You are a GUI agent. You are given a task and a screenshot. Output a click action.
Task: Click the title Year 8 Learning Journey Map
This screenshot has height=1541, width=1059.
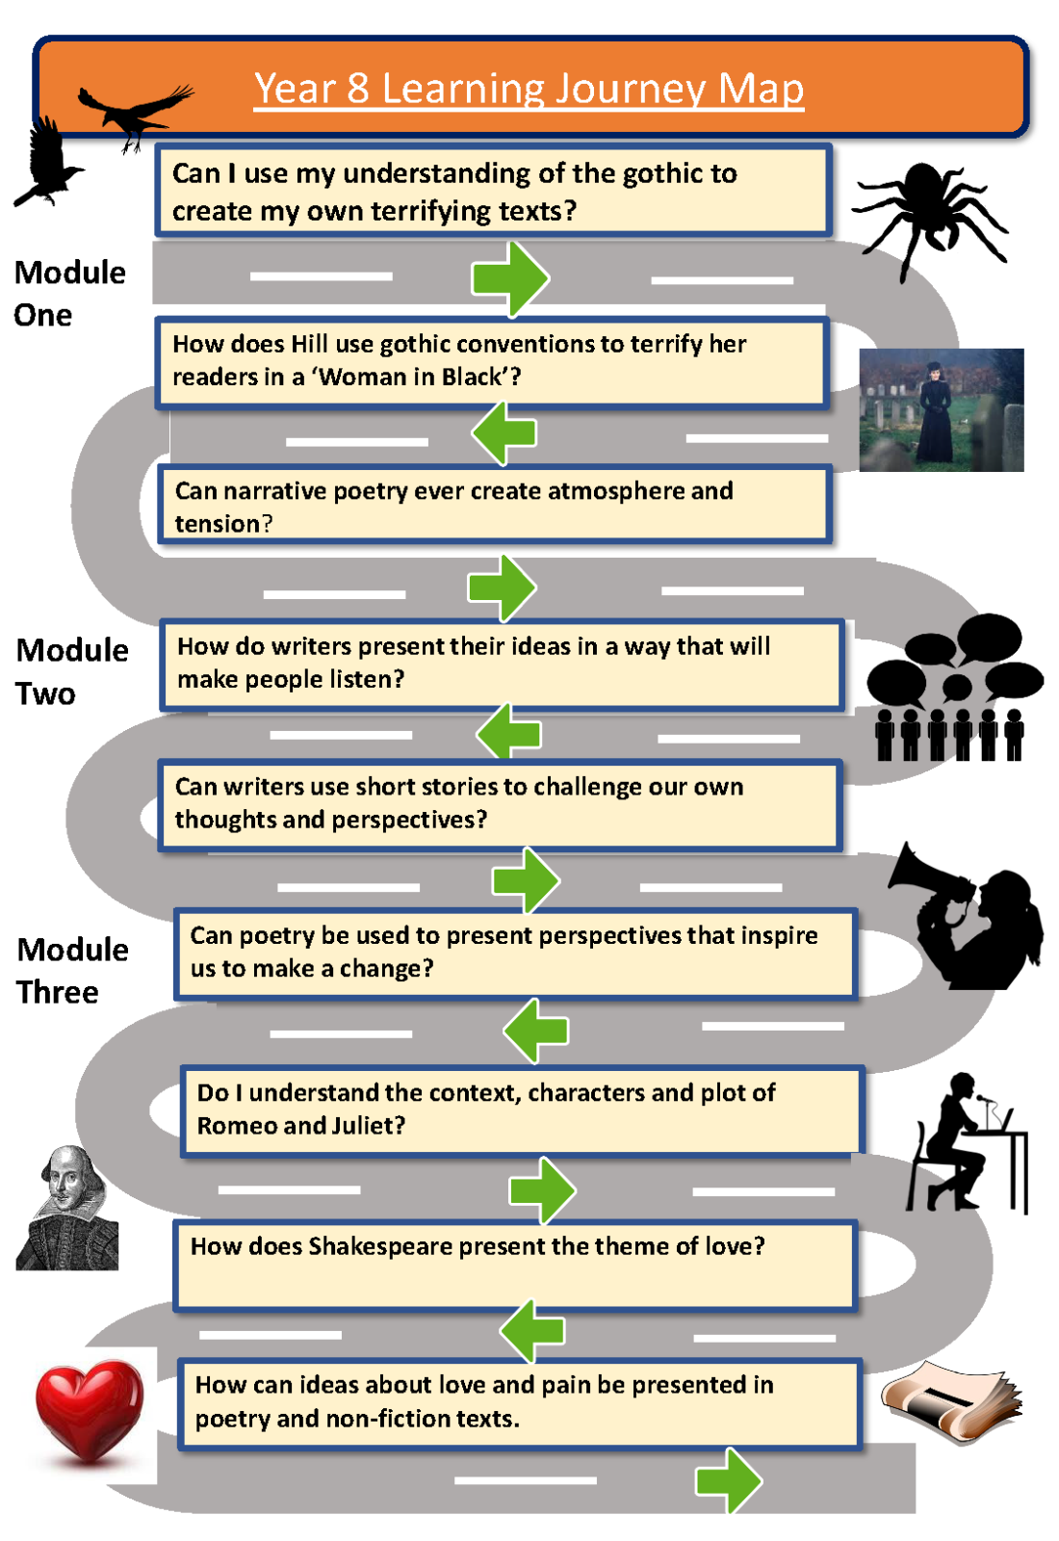point(529,89)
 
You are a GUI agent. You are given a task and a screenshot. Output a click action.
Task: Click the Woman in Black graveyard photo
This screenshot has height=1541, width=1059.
point(941,410)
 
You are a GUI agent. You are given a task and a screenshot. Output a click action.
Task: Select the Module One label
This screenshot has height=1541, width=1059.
point(69,293)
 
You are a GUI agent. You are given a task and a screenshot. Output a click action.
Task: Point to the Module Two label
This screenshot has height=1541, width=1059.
point(71,671)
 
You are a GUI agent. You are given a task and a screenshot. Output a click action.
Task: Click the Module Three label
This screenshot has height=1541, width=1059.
point(71,970)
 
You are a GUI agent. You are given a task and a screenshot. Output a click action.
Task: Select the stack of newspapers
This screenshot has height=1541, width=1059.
point(952,1401)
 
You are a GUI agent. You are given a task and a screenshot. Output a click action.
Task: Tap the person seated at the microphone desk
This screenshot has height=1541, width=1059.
point(953,1141)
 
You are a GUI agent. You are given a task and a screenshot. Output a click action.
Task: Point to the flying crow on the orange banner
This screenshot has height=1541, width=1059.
point(135,111)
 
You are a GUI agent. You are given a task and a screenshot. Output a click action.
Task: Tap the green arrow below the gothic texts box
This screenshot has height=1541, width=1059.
point(510,278)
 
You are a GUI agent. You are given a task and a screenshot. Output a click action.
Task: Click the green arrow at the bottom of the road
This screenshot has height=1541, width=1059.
point(729,1480)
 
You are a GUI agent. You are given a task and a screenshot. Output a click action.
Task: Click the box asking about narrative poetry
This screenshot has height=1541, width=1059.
point(494,507)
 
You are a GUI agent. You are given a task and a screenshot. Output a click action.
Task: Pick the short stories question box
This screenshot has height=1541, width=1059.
point(499,803)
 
